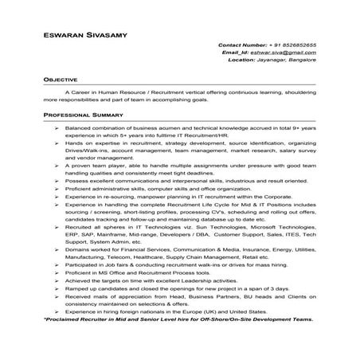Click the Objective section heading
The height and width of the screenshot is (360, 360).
(60, 80)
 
